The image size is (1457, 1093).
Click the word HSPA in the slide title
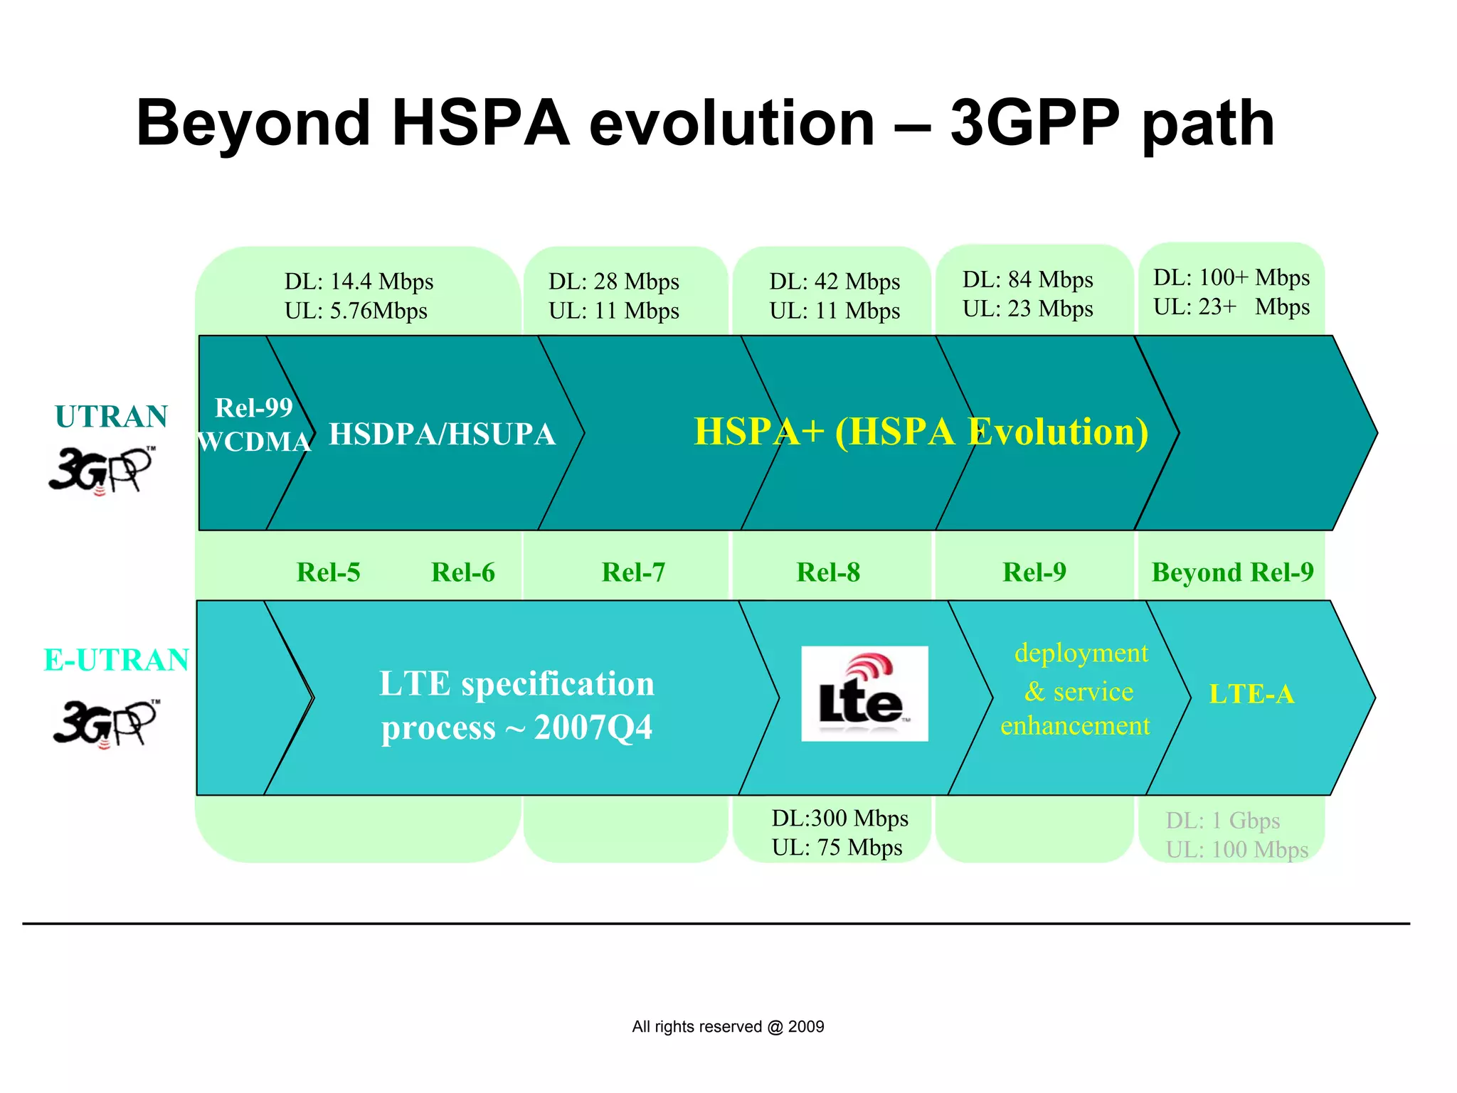[481, 124]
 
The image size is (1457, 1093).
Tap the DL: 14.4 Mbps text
[359, 282]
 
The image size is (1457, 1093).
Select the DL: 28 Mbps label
[613, 282]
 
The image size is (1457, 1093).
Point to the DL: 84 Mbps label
[1027, 279]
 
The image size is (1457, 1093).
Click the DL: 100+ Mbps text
[1231, 277]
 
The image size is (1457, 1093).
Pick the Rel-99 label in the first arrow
[254, 407]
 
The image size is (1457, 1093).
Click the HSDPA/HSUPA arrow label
[442, 434]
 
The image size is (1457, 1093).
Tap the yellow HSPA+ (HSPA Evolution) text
[921, 432]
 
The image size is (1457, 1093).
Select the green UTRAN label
[111, 417]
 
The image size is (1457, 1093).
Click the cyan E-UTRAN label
[116, 660]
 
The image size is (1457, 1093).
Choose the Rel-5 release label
[328, 572]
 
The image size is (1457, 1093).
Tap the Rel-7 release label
[633, 572]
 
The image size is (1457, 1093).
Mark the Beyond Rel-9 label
[1232, 572]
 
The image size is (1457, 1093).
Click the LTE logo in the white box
[864, 694]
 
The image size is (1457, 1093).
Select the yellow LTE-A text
[1251, 694]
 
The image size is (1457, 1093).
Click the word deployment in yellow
[1081, 653]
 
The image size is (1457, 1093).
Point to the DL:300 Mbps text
[839, 819]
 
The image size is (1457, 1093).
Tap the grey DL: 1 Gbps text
[1222, 821]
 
